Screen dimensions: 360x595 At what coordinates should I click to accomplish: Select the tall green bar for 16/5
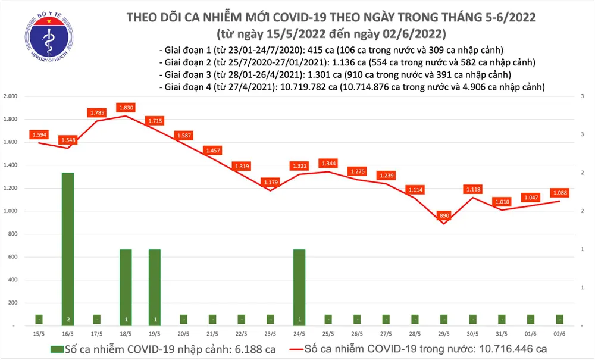pos(68,249)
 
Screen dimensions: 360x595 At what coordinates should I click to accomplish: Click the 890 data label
pos(443,215)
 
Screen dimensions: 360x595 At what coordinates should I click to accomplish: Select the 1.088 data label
pos(559,192)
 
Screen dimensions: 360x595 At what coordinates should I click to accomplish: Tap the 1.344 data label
pos(328,162)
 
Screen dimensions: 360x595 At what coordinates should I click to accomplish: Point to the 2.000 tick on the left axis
pos(11,96)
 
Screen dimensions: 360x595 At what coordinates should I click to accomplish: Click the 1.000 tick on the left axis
pos(11,211)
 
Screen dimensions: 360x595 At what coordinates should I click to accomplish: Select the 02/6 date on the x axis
pos(559,335)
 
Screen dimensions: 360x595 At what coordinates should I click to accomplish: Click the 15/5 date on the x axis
pos(39,335)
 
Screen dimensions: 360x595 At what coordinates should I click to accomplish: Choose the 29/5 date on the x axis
pos(443,335)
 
